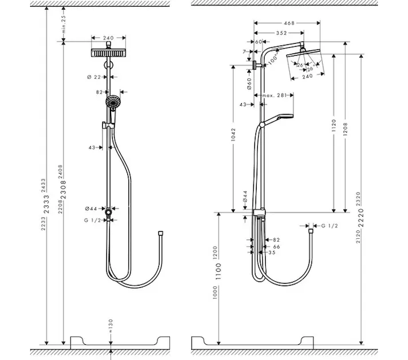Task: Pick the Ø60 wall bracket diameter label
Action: [248, 83]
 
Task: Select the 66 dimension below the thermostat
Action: [277, 247]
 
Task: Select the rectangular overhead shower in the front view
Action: [108, 52]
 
